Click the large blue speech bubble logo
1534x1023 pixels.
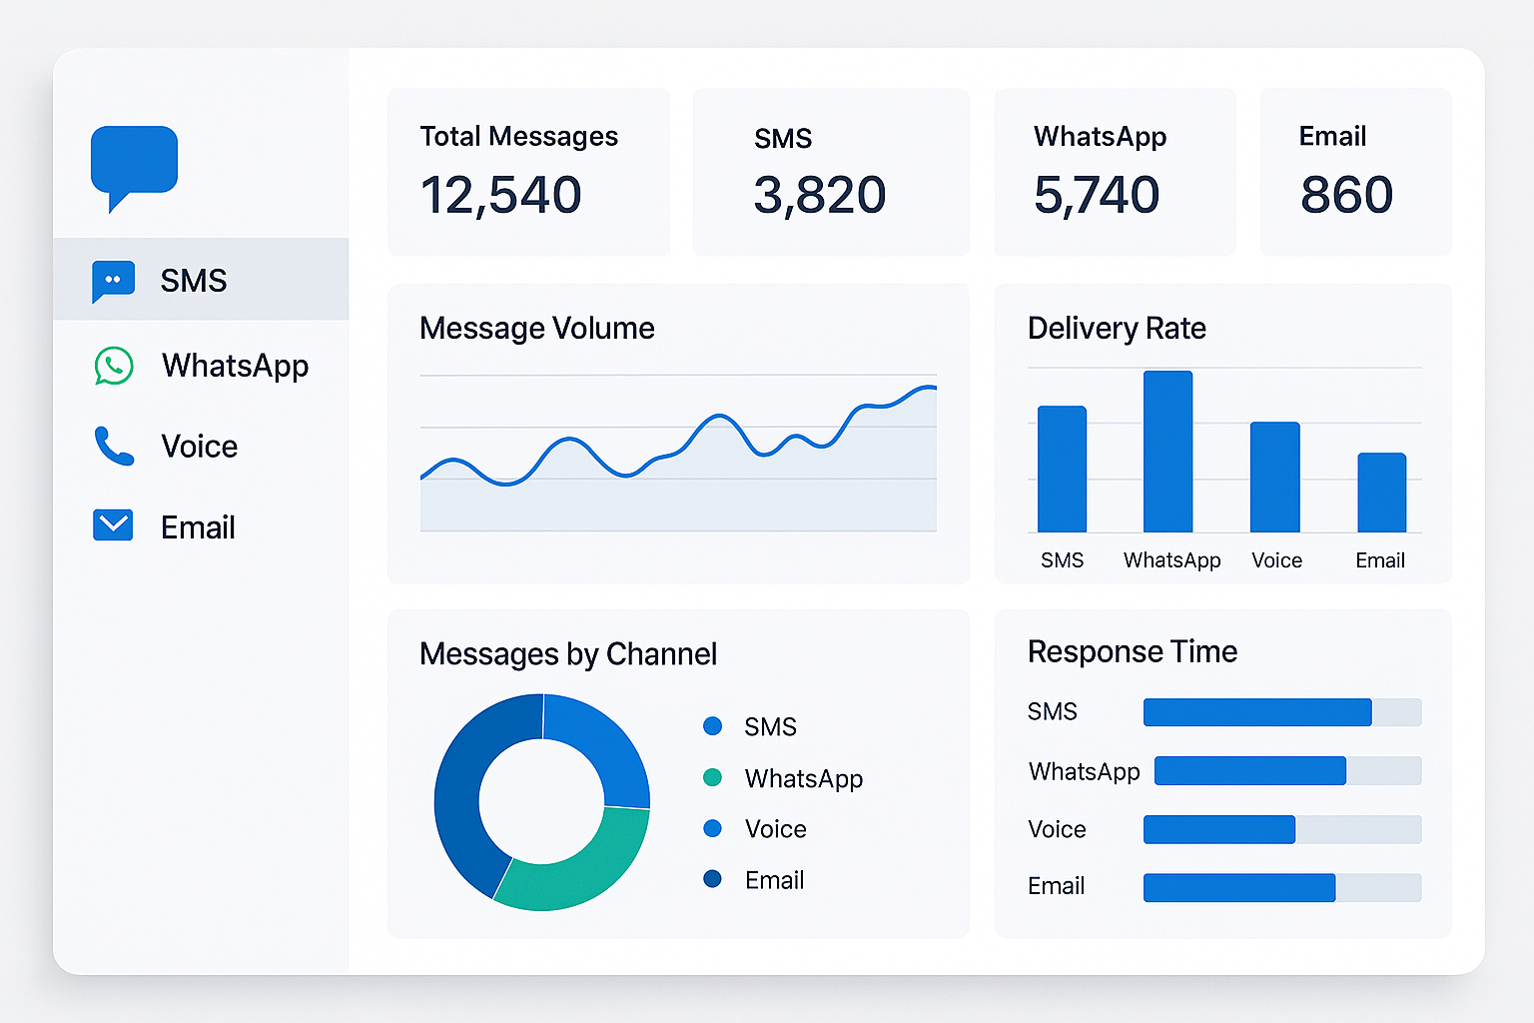[x=134, y=160]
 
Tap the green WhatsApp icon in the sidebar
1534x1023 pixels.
[x=114, y=366]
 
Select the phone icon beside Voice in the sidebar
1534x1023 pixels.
[x=114, y=447]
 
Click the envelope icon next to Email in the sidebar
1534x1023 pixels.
[x=113, y=525]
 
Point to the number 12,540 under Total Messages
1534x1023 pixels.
[x=500, y=195]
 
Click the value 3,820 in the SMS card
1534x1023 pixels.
[x=819, y=195]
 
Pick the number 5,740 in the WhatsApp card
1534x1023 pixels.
[x=1096, y=195]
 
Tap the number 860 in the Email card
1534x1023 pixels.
[x=1346, y=195]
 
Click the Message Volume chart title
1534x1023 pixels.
[x=536, y=328]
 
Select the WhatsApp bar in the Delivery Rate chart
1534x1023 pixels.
[x=1167, y=452]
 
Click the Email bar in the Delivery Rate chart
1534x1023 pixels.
[x=1381, y=493]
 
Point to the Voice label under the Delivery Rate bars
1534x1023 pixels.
[x=1276, y=560]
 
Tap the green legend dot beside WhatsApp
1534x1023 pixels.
[x=712, y=777]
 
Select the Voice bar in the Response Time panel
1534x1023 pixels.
[x=1218, y=829]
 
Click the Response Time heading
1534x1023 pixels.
[x=1132, y=651]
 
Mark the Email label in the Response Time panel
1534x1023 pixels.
[x=1056, y=886]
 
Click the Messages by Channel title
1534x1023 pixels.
[x=567, y=653]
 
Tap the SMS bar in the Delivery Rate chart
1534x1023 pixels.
[x=1062, y=469]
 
